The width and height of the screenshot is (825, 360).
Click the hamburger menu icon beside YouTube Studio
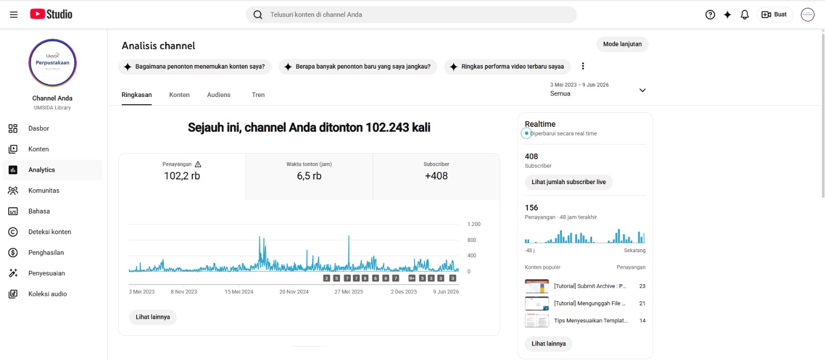click(13, 15)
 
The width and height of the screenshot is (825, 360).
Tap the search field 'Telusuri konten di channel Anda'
click(411, 15)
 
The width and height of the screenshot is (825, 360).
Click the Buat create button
click(774, 15)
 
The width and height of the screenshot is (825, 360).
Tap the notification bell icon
click(745, 15)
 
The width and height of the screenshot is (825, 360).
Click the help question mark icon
click(710, 15)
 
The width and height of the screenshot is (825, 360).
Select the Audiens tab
click(219, 95)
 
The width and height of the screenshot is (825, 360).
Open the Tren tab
click(258, 95)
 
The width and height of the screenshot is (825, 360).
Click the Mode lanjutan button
click(622, 44)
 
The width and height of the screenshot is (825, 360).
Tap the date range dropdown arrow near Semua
click(642, 90)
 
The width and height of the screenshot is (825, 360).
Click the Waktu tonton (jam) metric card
click(309, 177)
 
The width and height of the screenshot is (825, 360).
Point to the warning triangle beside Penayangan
click(198, 165)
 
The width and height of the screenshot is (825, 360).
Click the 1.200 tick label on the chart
click(474, 224)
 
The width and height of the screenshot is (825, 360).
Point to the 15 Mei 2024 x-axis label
click(239, 292)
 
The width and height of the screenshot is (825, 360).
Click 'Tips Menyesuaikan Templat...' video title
click(591, 321)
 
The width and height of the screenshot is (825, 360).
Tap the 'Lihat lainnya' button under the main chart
click(153, 317)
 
